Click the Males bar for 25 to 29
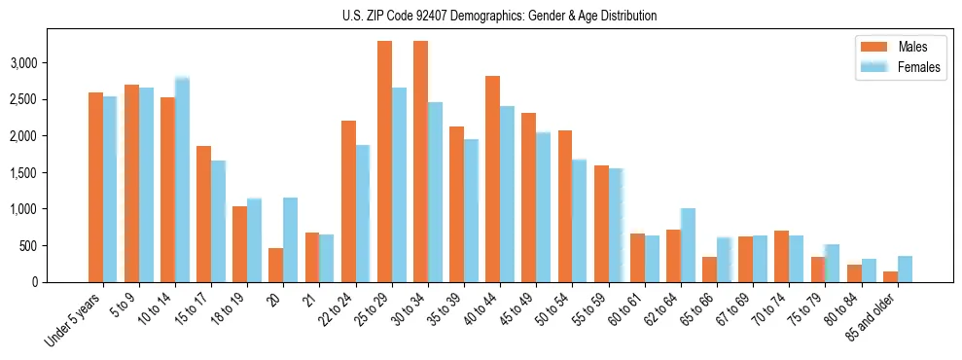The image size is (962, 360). pyautogui.click(x=385, y=162)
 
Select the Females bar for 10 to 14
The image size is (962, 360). pyautogui.click(x=183, y=180)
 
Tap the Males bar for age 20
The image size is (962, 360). pyautogui.click(x=276, y=265)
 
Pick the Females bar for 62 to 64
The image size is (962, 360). pyautogui.click(x=688, y=245)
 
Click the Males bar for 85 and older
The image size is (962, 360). pyautogui.click(x=890, y=276)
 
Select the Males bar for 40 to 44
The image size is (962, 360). pyautogui.click(x=493, y=179)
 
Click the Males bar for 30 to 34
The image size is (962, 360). pyautogui.click(x=421, y=162)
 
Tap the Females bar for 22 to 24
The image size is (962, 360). pyautogui.click(x=363, y=213)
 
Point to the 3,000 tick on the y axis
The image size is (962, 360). pyautogui.click(x=49, y=63)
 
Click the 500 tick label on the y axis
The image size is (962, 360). pyautogui.click(x=55, y=245)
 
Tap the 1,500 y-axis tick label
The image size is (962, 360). pyautogui.click(x=49, y=172)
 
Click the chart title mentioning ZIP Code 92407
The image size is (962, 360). pyautogui.click(x=499, y=16)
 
